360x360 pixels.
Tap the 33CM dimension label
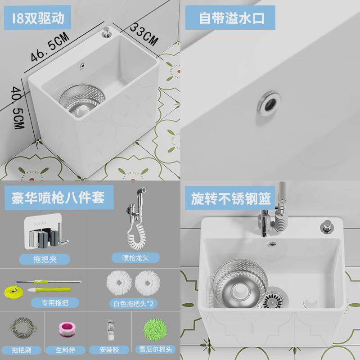click(x=144, y=33)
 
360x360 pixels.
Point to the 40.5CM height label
click(x=18, y=111)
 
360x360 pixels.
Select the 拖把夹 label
click(x=45, y=259)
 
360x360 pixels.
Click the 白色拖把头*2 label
click(x=133, y=302)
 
